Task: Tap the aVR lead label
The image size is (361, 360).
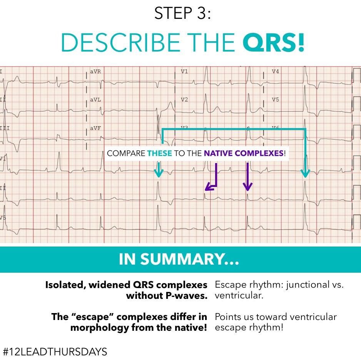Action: pyautogui.click(x=95, y=72)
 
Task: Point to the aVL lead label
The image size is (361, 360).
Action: pyautogui.click(x=95, y=100)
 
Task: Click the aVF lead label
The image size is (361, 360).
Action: pyautogui.click(x=95, y=128)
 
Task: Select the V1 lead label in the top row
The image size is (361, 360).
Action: pyautogui.click(x=184, y=72)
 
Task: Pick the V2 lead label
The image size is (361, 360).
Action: pyautogui.click(x=184, y=100)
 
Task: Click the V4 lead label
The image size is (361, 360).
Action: pyautogui.click(x=275, y=72)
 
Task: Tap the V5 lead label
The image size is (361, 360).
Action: pyautogui.click(x=275, y=100)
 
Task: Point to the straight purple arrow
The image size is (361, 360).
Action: pyautogui.click(x=247, y=177)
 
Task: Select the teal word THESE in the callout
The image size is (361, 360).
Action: pyautogui.click(x=159, y=153)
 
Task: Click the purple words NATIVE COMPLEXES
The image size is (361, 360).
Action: pyautogui.click(x=244, y=153)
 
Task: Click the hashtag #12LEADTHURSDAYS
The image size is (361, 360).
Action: pyautogui.click(x=54, y=351)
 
